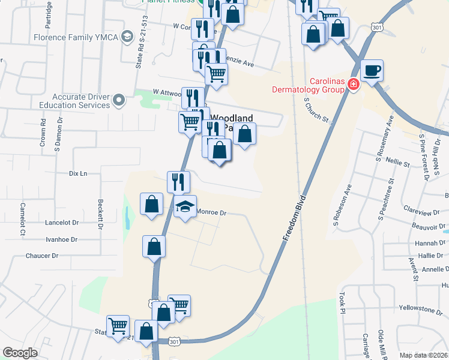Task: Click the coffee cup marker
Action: coord(372,71)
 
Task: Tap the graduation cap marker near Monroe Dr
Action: coord(185,207)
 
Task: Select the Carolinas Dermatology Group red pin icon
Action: coord(354,84)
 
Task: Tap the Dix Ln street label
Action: coord(78,173)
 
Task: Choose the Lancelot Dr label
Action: coord(62,222)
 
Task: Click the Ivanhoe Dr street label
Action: coord(61,239)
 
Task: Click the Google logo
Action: coord(20,353)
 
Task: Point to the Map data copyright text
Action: coord(423,355)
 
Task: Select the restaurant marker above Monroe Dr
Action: coord(178,181)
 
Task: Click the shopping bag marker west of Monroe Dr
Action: coord(152,204)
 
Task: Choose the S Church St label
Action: coord(317,111)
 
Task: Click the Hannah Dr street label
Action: coord(429,244)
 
